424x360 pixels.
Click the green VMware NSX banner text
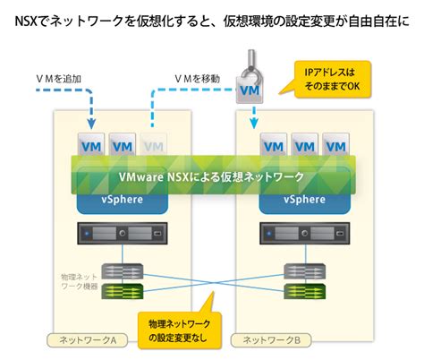pyautogui.click(x=212, y=176)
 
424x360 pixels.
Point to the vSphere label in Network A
pyautogui.click(x=121, y=199)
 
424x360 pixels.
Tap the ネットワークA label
pyautogui.click(x=88, y=340)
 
